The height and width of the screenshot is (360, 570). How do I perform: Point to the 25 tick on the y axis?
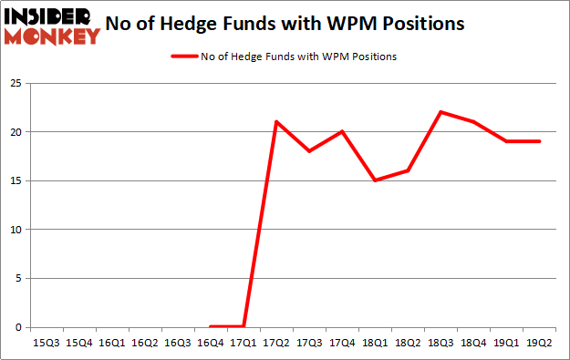click(16, 83)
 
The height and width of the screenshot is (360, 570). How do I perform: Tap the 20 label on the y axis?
click(16, 132)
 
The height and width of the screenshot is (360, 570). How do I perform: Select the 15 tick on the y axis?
click(16, 180)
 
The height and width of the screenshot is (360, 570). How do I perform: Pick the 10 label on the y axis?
click(16, 230)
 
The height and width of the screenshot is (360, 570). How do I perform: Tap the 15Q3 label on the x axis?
click(46, 343)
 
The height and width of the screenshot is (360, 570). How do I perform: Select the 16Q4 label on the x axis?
click(211, 343)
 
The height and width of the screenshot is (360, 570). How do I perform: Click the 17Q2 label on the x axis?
click(276, 343)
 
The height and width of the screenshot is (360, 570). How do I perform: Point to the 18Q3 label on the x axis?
click(440, 343)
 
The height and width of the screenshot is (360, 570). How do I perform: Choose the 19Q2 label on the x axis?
click(539, 343)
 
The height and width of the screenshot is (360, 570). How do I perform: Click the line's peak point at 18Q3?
click(440, 112)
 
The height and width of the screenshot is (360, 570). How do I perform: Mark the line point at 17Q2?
click(276, 122)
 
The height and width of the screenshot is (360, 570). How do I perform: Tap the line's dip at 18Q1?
click(375, 180)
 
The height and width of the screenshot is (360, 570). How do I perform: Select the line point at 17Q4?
click(342, 131)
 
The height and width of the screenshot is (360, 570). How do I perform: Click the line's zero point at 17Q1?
click(244, 326)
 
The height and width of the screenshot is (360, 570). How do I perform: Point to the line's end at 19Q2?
click(539, 141)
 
